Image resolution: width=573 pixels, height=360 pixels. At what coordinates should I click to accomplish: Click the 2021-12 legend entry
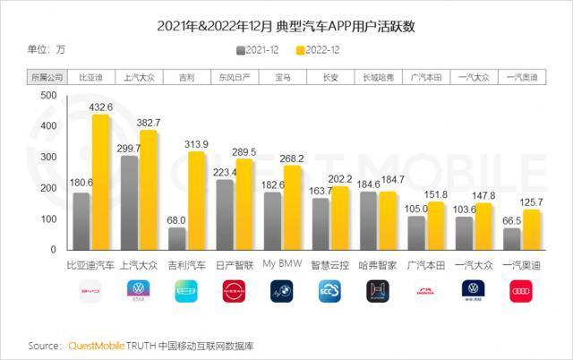[261, 51]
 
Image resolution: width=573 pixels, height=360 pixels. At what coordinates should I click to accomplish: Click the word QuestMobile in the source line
[99, 345]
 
